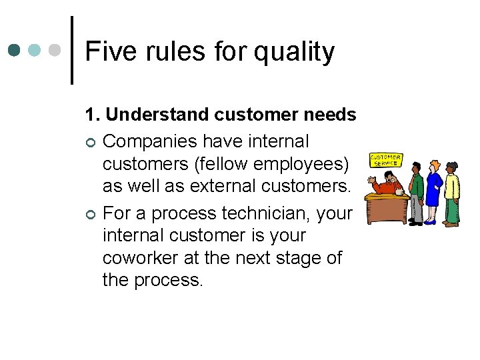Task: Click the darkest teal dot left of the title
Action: (x=15, y=51)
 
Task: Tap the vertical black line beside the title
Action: (x=71, y=50)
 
